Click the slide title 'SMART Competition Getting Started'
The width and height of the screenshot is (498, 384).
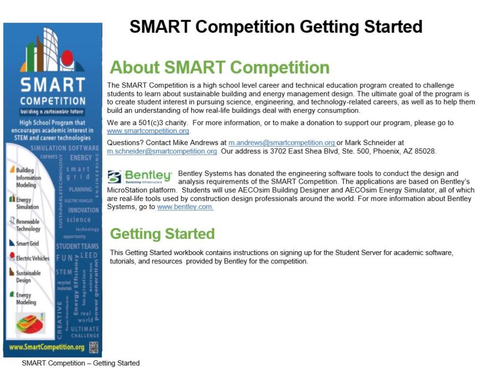pyautogui.click(x=276, y=27)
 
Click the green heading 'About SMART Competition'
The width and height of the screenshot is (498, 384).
pyautogui.click(x=220, y=68)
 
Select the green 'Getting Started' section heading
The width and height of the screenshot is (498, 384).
pyautogui.click(x=162, y=233)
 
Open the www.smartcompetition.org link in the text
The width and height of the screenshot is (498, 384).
pyautogui.click(x=148, y=131)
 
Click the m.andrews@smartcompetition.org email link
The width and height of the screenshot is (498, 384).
pyautogui.click(x=282, y=143)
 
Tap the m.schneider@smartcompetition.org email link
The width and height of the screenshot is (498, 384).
pyautogui.click(x=162, y=151)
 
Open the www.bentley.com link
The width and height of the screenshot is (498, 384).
pyautogui.click(x=185, y=207)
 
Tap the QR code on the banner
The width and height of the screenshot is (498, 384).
pyautogui.click(x=94, y=347)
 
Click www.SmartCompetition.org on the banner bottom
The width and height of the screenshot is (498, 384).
pyautogui.click(x=46, y=347)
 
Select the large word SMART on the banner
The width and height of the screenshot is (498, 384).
pyautogui.click(x=53, y=85)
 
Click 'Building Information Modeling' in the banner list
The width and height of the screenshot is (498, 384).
pyautogui.click(x=28, y=178)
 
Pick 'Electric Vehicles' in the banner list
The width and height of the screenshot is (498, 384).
pyautogui.click(x=32, y=258)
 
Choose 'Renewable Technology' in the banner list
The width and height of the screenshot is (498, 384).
pyautogui.click(x=28, y=225)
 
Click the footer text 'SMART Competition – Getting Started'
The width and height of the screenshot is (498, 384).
pyautogui.click(x=81, y=364)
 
